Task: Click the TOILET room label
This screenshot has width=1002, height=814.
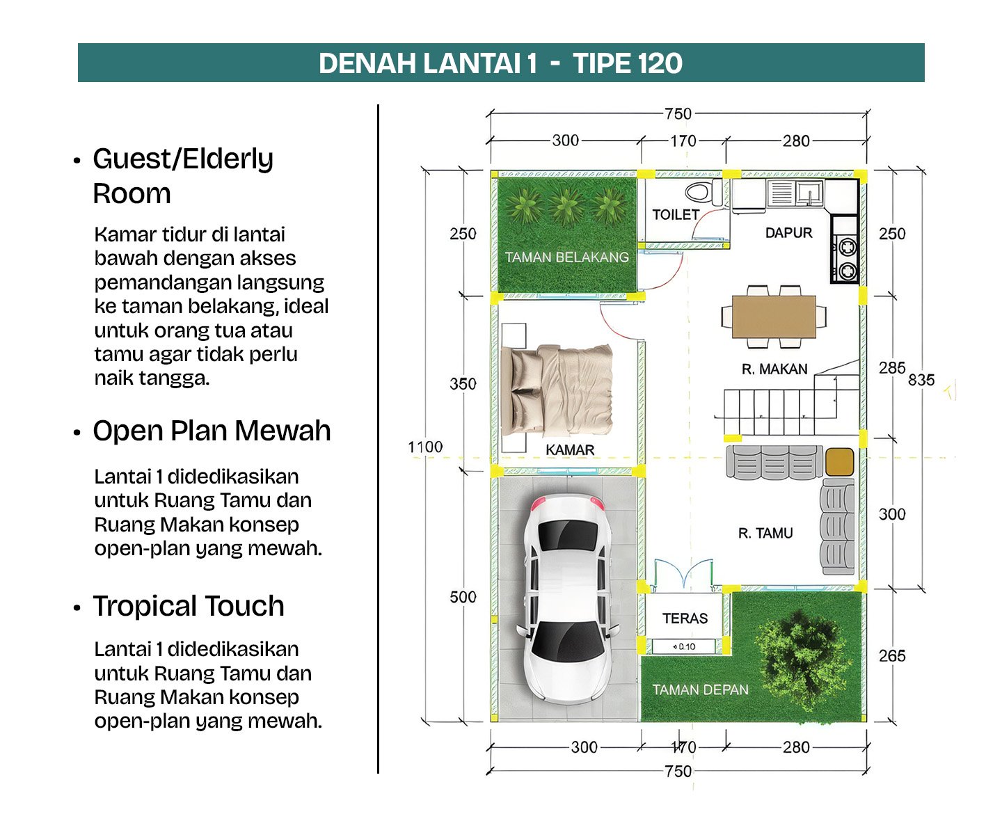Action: coord(675,214)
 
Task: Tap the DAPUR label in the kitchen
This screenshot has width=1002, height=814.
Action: coord(788,233)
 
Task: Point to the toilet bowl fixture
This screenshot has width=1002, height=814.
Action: coord(703,192)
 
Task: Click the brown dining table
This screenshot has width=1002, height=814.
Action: coord(773,316)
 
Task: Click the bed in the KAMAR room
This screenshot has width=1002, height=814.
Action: coord(557,390)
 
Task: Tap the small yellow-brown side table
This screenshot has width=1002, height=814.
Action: coord(839,462)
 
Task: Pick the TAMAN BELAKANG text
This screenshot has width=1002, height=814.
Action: coord(566,257)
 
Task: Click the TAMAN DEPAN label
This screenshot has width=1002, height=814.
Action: coord(700,690)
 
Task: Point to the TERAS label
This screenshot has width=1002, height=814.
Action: coord(685,618)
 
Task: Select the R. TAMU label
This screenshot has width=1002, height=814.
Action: coord(765,533)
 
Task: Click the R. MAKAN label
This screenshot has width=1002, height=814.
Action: coord(774,369)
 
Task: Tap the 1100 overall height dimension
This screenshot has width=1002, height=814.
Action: coord(425,447)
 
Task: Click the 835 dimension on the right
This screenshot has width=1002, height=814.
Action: coord(921,380)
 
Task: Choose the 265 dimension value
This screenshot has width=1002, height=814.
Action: coord(892,655)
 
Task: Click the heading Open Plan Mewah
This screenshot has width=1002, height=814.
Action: coord(212,430)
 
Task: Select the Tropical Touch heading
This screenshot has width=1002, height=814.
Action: coord(188,606)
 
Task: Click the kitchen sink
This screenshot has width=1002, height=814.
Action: coord(809,192)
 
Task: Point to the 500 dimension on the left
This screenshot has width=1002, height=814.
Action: coord(463,597)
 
